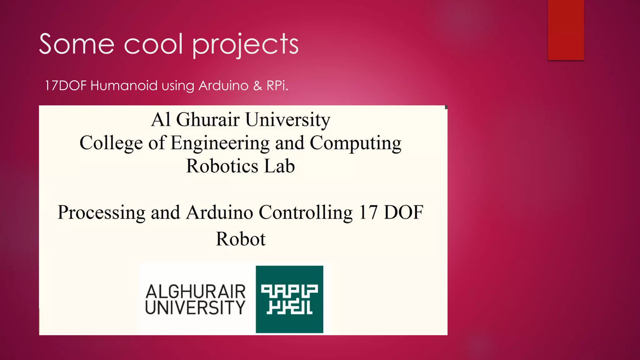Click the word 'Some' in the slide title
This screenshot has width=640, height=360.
coord(77,44)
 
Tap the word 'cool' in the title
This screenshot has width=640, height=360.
coord(153,44)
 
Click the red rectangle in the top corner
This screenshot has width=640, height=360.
coord(566,30)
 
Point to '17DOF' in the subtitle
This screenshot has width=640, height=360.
coord(65,86)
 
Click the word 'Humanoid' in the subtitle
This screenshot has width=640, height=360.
coord(124,86)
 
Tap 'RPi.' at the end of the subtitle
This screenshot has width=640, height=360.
coord(277,86)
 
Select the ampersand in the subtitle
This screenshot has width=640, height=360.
coord(257,86)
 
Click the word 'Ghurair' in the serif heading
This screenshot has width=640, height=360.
coord(208,120)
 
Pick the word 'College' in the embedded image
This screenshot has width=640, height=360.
coord(111,143)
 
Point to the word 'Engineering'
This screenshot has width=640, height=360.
coord(220,143)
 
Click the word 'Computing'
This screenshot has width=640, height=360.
coord(355,143)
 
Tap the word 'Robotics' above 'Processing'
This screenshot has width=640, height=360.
coord(222,166)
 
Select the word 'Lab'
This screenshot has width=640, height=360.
coord(279,166)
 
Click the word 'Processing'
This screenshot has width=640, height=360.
coord(102,213)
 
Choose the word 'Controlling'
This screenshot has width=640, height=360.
coord(305,213)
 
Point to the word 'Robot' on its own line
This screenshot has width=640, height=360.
coord(241,239)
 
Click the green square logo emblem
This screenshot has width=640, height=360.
coord(289,299)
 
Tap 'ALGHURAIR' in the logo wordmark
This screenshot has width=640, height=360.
coord(196,292)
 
